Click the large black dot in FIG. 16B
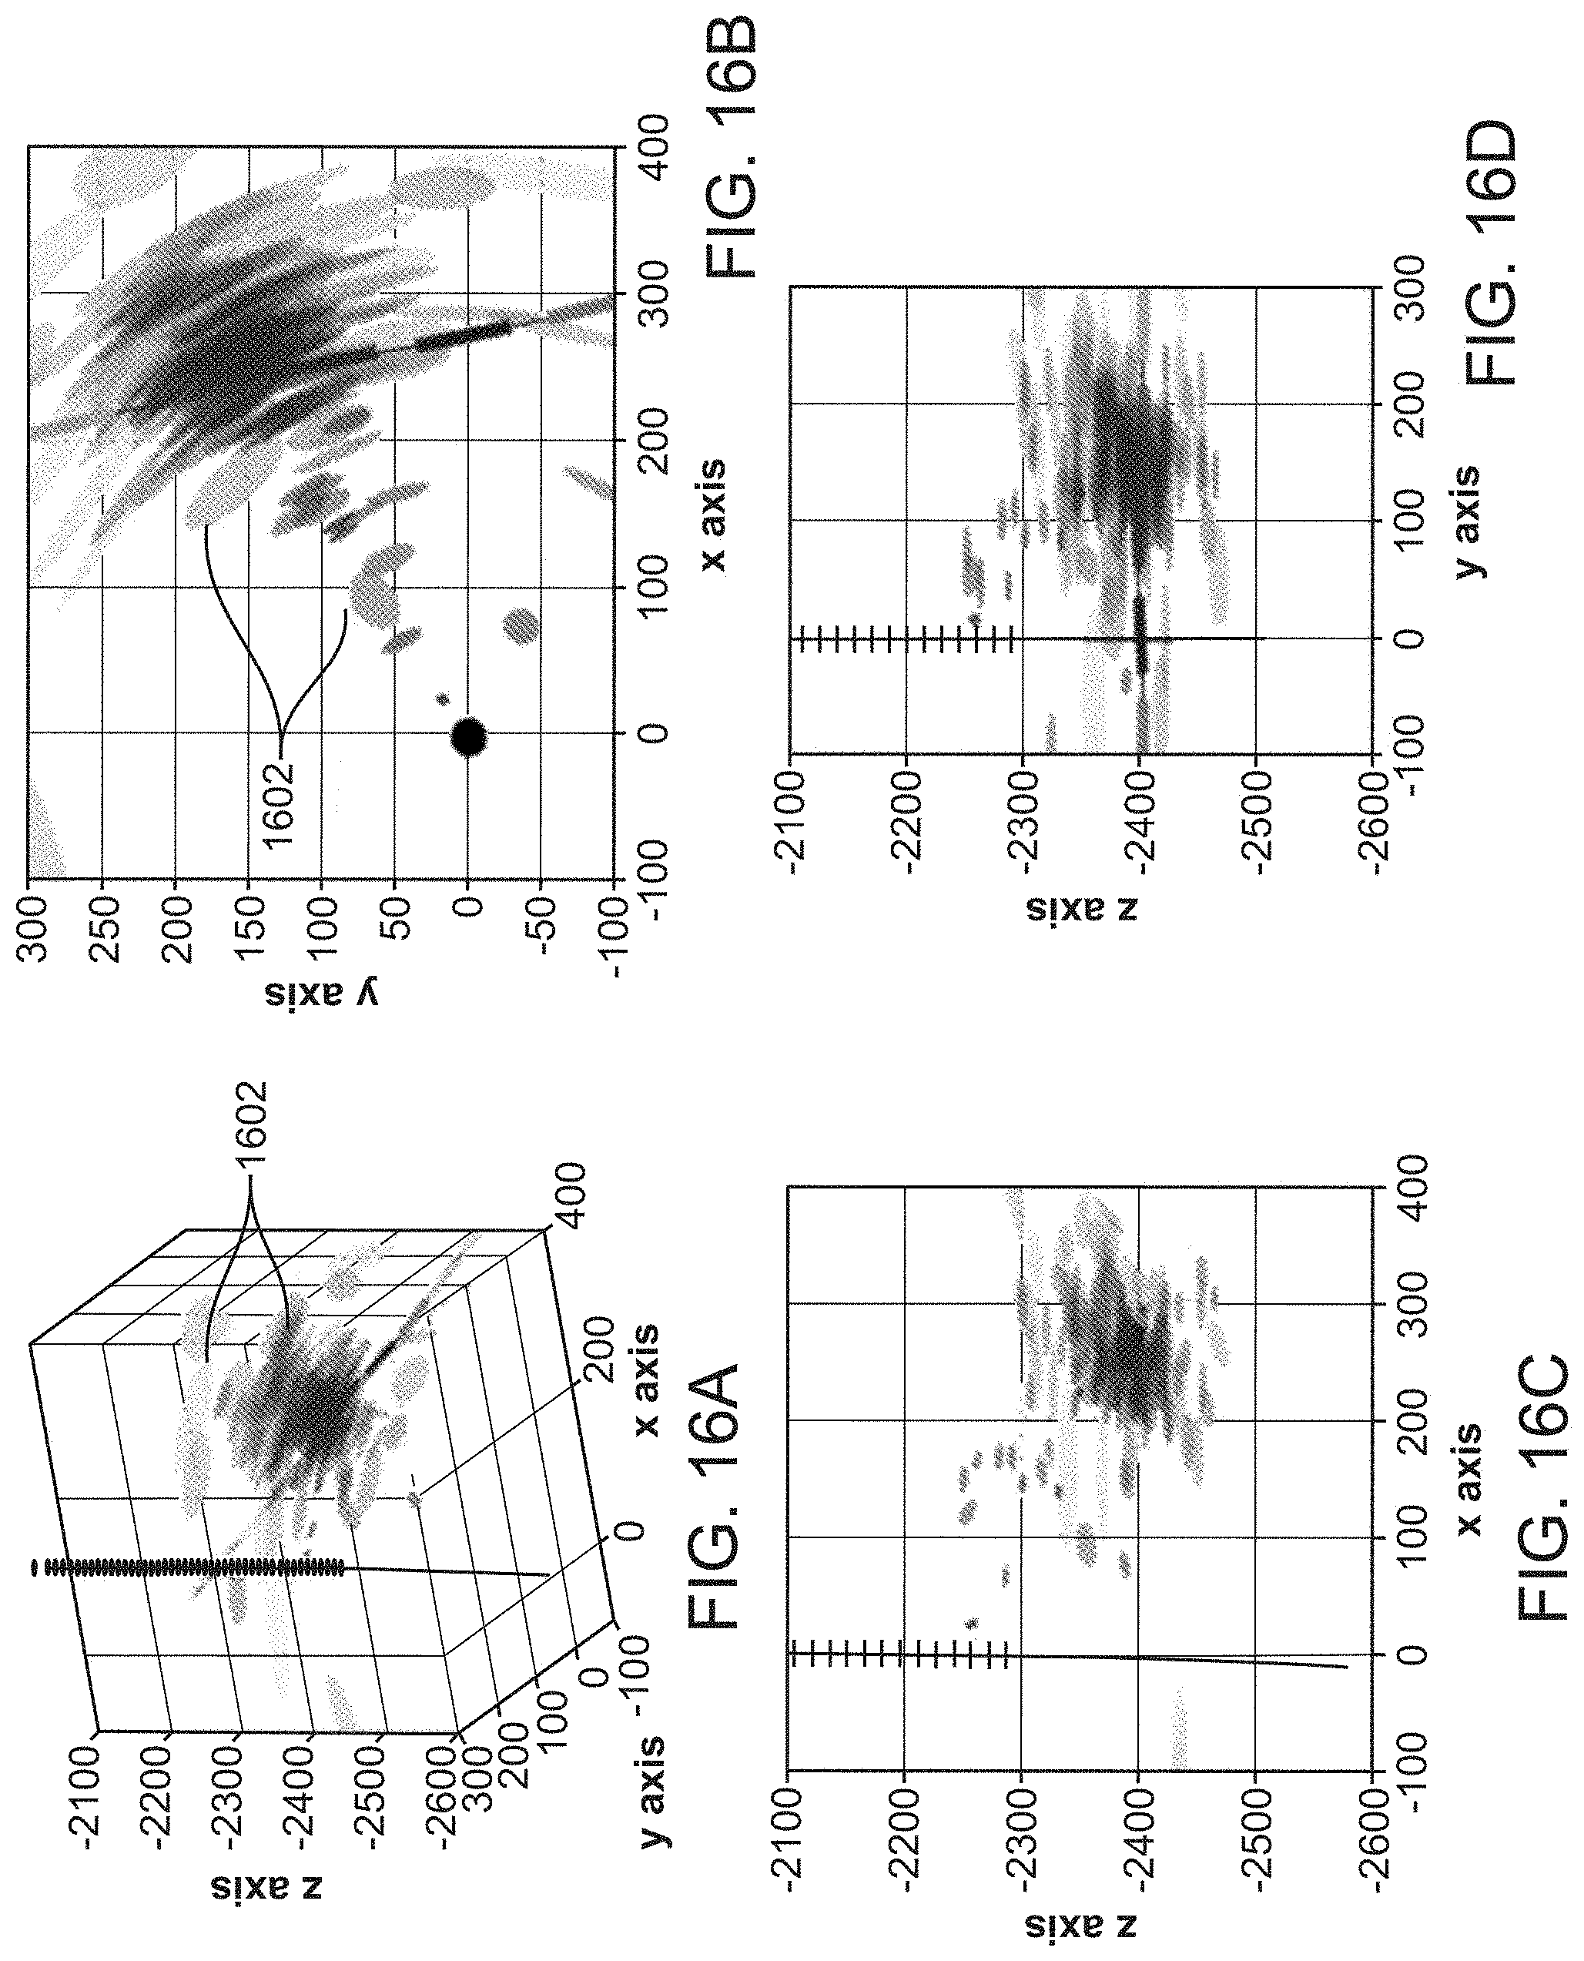pos(469,736)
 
